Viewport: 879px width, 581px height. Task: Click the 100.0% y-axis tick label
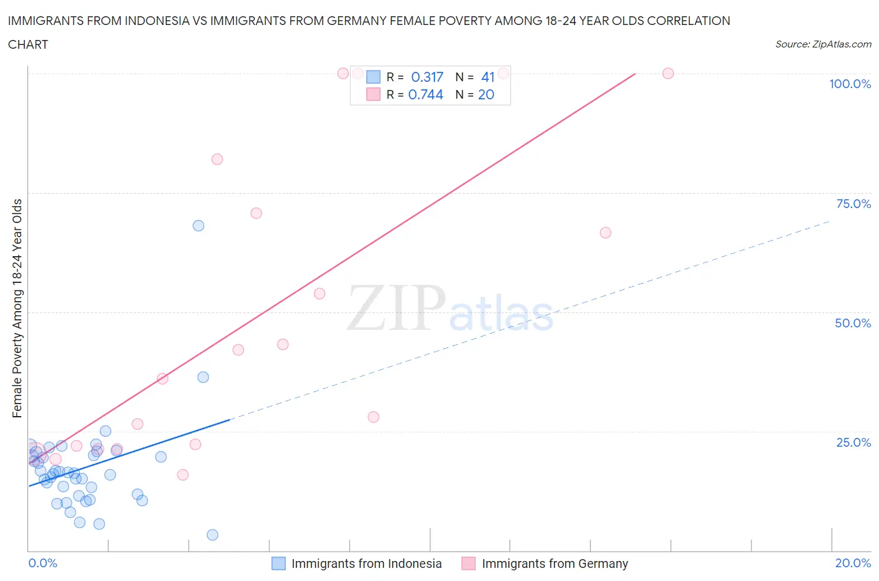click(850, 84)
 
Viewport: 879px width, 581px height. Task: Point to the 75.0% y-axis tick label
click(853, 204)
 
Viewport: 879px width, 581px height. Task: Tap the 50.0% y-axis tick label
click(853, 323)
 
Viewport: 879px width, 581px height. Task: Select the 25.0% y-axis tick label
click(853, 442)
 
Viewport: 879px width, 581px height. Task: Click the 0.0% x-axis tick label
click(43, 563)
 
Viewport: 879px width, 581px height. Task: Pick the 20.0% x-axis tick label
click(853, 563)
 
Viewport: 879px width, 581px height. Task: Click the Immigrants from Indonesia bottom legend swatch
click(278, 564)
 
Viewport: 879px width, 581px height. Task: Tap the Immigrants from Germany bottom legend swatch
click(468, 564)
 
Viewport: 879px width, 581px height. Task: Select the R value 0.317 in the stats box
click(427, 77)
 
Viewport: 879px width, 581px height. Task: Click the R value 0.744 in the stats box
click(426, 94)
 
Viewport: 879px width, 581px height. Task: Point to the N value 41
click(488, 77)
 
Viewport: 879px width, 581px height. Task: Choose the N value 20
click(486, 94)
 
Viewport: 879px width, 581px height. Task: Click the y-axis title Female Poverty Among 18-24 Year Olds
click(17, 308)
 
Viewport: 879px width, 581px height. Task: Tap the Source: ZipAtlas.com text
click(823, 44)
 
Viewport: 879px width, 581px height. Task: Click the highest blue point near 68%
click(198, 226)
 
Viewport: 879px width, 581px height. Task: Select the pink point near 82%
click(217, 159)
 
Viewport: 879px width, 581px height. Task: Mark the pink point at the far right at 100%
click(668, 73)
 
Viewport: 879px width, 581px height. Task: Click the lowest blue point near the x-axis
click(213, 535)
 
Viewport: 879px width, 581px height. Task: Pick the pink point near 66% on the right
click(605, 232)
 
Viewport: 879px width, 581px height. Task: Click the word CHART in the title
click(28, 44)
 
